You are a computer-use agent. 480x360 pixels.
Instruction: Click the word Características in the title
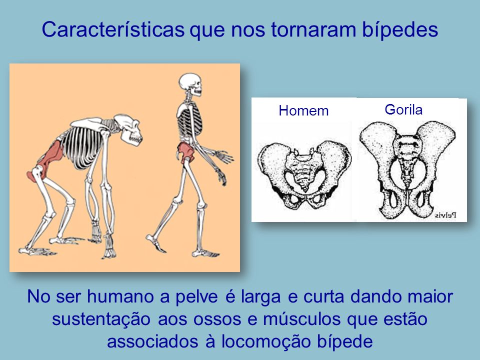click(x=113, y=29)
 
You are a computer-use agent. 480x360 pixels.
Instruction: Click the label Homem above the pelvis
click(x=303, y=110)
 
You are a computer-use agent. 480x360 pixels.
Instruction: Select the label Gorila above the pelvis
click(x=403, y=109)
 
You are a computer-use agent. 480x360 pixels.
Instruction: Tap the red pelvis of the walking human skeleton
click(x=185, y=151)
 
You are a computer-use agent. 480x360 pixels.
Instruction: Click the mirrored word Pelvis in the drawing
click(x=445, y=215)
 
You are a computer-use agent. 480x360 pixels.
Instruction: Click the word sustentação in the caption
click(x=101, y=319)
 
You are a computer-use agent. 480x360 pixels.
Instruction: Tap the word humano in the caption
click(x=120, y=296)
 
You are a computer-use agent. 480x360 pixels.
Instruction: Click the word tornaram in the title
click(x=313, y=30)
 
